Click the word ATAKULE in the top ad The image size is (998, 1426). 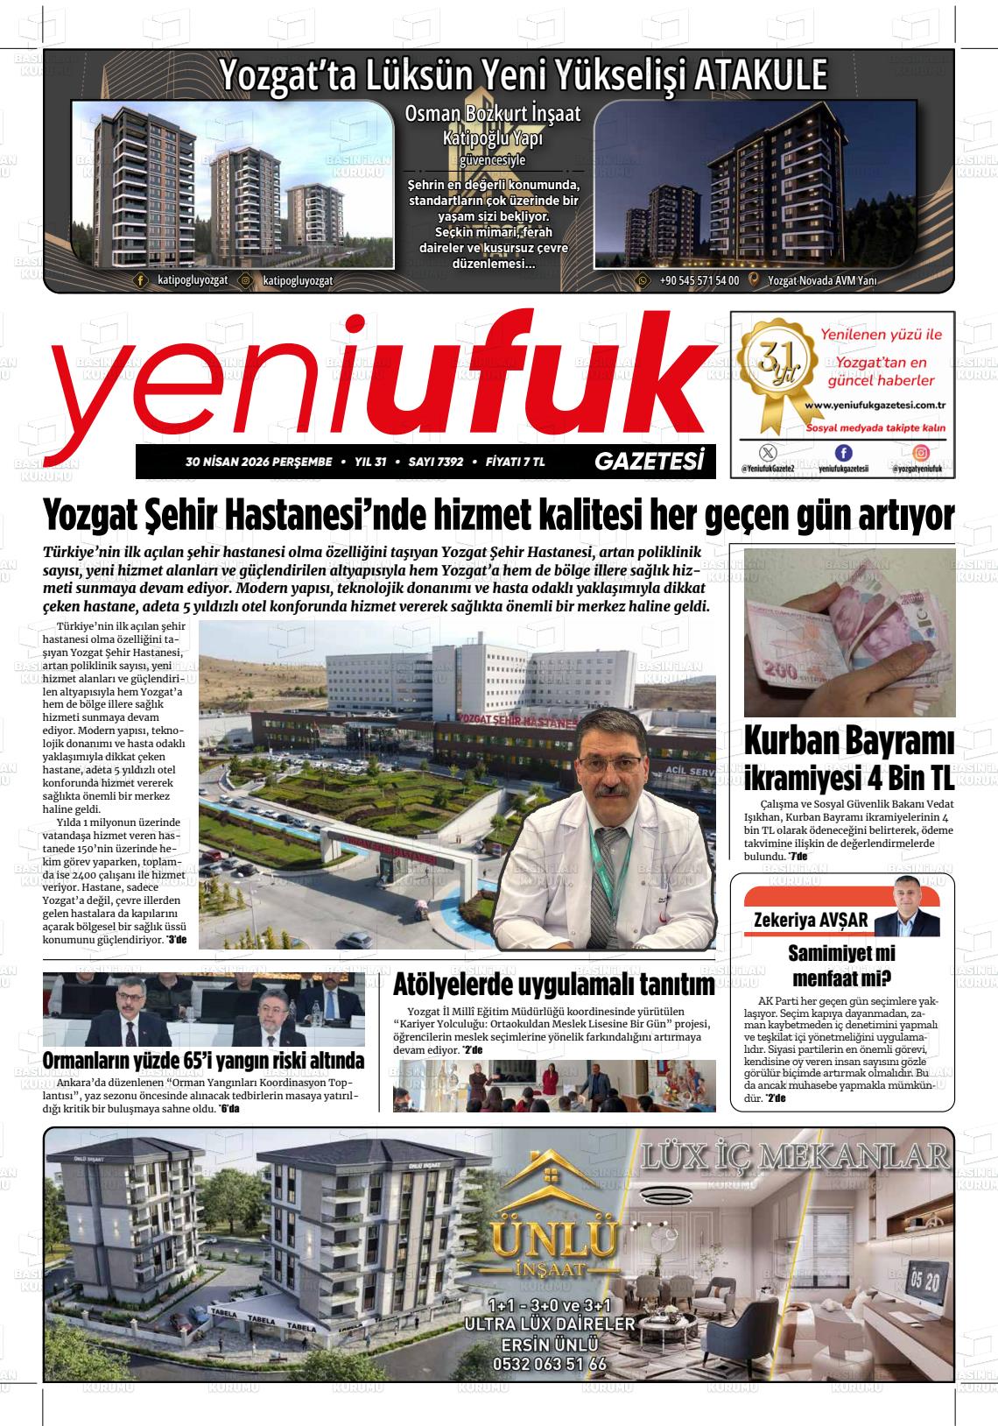(759, 75)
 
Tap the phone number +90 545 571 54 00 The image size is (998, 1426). (699, 281)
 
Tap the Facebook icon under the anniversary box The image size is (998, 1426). (843, 452)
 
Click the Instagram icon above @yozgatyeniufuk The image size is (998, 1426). (922, 452)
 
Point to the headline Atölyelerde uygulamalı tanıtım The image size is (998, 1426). (554, 985)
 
